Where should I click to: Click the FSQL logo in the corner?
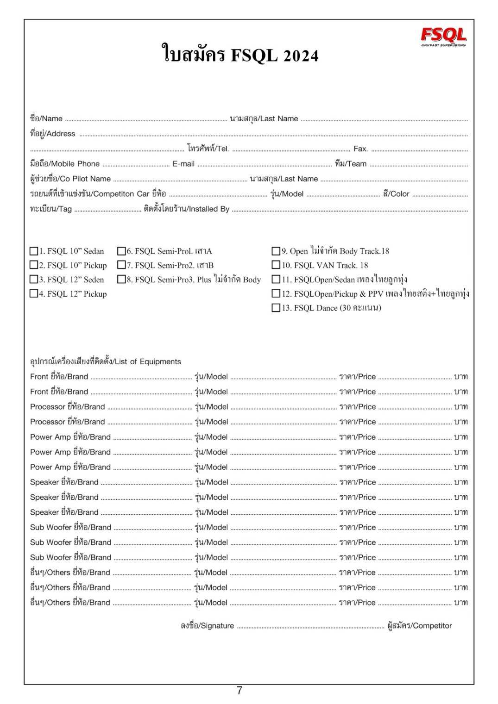tap(443, 37)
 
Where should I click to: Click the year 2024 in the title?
tap(300, 56)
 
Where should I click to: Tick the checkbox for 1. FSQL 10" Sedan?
tap(34, 251)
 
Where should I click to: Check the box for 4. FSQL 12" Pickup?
tap(34, 293)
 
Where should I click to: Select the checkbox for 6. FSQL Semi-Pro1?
tap(121, 251)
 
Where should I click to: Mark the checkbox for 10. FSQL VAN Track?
tap(276, 265)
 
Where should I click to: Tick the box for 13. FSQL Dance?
tap(276, 308)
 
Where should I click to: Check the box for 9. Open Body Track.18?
tap(276, 251)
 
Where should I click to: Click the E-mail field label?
tap(183, 164)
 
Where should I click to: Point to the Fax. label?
tap(360, 149)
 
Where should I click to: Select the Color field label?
tap(396, 194)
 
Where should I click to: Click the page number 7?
tap(240, 691)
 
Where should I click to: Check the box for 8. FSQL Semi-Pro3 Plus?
tap(121, 280)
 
